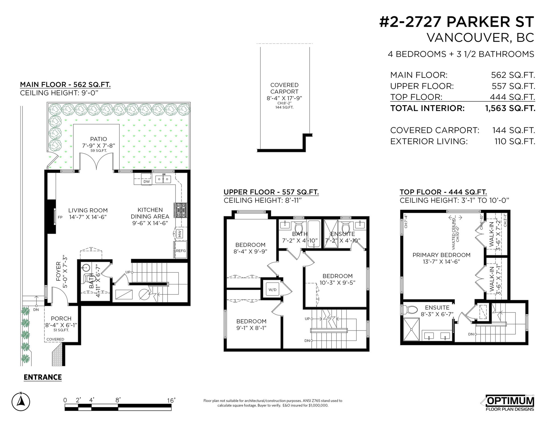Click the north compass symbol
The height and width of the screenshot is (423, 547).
tap(20, 401)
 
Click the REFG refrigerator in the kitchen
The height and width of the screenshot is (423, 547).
tap(181, 250)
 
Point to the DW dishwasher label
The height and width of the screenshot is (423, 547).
tap(146, 182)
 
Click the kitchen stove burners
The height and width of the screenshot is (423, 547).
tap(181, 210)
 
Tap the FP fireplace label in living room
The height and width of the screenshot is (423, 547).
tap(60, 217)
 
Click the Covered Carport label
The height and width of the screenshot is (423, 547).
tap(284, 88)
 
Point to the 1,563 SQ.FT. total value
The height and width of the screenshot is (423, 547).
tap(510, 108)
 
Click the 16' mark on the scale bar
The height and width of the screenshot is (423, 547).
tap(171, 400)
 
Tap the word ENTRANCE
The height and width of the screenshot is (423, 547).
tap(43, 377)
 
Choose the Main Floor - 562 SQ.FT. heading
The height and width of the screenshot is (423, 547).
tap(65, 85)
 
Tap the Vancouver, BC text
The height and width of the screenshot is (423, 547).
tap(480, 38)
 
